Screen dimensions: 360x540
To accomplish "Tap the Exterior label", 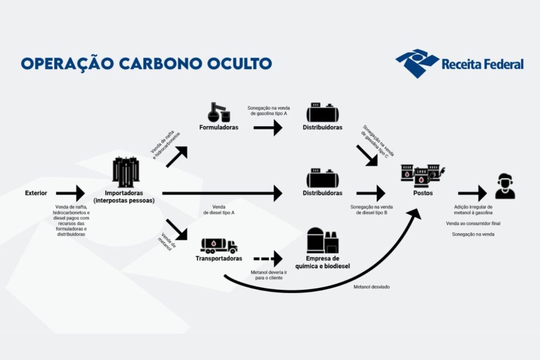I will click(x=36, y=193).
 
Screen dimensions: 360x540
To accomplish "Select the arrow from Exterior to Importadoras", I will click(x=70, y=193).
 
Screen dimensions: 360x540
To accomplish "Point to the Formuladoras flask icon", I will click(x=218, y=112).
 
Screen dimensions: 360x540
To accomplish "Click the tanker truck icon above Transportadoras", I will click(x=219, y=245).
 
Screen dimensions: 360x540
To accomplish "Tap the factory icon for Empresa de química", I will click(x=322, y=240).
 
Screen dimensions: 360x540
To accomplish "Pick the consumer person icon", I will click(x=505, y=187).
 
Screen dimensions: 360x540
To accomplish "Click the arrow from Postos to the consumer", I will click(x=472, y=193).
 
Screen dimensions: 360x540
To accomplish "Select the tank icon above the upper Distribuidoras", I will click(x=323, y=112).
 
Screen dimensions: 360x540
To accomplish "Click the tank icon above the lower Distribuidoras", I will click(x=323, y=178).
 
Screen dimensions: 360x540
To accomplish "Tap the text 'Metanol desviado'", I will click(x=372, y=287).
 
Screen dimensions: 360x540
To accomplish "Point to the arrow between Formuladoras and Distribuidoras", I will click(x=268, y=127).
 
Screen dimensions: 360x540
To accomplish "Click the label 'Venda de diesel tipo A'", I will click(x=219, y=210).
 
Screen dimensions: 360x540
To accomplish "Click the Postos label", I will click(x=423, y=193).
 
